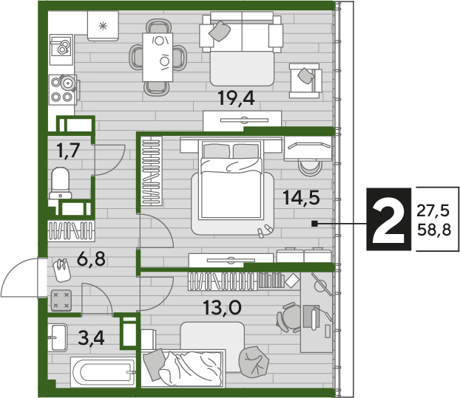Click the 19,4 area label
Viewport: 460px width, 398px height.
click(x=236, y=98)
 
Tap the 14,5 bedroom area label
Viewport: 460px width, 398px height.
click(x=301, y=197)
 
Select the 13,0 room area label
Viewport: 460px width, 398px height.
click(x=223, y=307)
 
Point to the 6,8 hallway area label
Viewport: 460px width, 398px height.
click(x=91, y=259)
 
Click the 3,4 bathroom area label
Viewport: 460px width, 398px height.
click(x=91, y=338)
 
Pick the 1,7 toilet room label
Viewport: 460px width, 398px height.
click(x=68, y=151)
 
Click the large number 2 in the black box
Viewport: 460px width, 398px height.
click(x=388, y=219)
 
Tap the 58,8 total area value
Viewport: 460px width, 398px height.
click(x=434, y=230)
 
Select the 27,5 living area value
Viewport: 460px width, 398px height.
click(x=433, y=210)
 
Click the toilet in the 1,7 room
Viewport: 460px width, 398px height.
click(x=61, y=183)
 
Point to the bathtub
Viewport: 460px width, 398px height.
click(x=103, y=372)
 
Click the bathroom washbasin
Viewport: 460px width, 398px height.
click(x=57, y=337)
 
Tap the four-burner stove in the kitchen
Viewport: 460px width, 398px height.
click(x=63, y=89)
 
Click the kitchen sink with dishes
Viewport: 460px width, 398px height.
click(x=61, y=49)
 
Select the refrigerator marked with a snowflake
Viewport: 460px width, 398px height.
click(x=103, y=26)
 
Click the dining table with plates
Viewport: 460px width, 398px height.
click(x=158, y=57)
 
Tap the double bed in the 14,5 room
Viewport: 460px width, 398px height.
click(x=230, y=179)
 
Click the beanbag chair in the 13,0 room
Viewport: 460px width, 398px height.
click(x=254, y=362)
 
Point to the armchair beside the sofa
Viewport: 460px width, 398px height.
click(x=305, y=80)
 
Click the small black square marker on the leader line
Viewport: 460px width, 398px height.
click(x=315, y=224)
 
